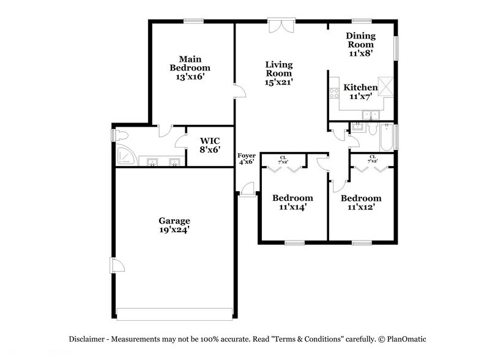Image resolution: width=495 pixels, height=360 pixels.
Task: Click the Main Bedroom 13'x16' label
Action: [x=190, y=68]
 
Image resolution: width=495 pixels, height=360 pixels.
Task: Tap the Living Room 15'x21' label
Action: [x=278, y=73]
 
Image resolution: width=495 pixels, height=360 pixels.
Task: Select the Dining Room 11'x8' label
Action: [x=360, y=45]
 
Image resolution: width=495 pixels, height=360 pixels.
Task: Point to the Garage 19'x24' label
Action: [x=174, y=225]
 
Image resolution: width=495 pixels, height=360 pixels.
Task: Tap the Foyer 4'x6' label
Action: [x=247, y=159]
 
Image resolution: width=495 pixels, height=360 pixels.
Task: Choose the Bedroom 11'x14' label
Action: [x=292, y=203]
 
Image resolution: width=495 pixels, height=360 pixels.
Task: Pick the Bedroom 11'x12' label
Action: [x=361, y=203]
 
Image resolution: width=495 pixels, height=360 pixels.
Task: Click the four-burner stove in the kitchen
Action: [x=334, y=94]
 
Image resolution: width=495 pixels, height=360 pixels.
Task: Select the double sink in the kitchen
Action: [x=370, y=114]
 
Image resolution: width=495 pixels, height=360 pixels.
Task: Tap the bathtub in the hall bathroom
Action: [x=386, y=138]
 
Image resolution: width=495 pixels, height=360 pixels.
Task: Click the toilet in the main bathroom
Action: [x=120, y=135]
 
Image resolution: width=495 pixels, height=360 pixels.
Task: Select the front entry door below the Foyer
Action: [x=247, y=190]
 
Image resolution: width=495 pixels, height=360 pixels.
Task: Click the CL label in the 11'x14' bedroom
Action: [x=283, y=158]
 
